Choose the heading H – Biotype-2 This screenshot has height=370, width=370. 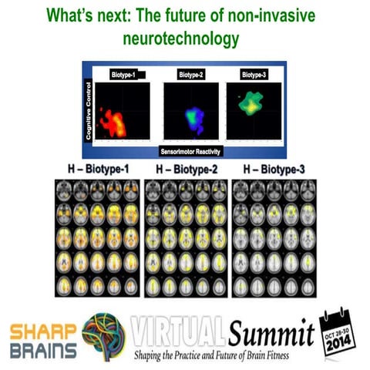point(185,169)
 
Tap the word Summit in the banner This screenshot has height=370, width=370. point(270,333)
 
